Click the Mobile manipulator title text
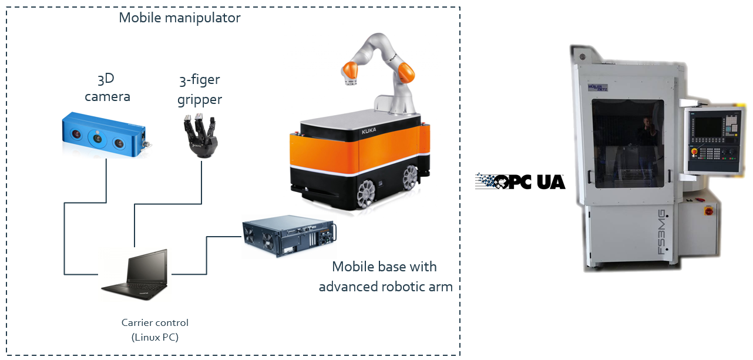(x=180, y=18)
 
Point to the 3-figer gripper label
(x=200, y=89)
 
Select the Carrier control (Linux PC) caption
(x=155, y=329)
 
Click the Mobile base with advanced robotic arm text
(x=385, y=276)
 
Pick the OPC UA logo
(x=520, y=181)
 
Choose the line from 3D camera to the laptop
(x=64, y=235)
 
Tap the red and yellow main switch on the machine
(x=708, y=210)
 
